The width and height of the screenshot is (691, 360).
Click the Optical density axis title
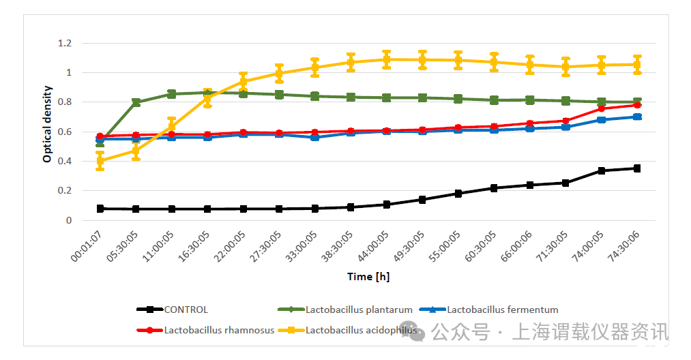tap(47, 124)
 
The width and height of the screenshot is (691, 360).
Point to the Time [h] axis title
tap(368, 277)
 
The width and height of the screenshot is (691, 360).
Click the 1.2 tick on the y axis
tap(65, 43)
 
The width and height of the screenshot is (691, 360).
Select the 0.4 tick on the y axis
tap(65, 162)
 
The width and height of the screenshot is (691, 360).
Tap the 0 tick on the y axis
tap(69, 220)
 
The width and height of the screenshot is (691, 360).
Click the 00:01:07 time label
tap(87, 247)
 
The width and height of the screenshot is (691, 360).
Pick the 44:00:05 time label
tap(373, 247)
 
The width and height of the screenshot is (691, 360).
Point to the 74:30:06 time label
tap(624, 247)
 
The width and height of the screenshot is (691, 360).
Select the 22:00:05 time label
tap(231, 247)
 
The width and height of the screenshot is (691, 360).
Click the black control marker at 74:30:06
tap(637, 168)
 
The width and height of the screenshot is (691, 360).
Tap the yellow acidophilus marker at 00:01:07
tap(100, 162)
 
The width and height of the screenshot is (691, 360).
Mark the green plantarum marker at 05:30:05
tap(136, 103)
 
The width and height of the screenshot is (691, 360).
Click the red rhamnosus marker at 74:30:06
tap(637, 105)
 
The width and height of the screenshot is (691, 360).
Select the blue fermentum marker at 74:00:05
tap(601, 120)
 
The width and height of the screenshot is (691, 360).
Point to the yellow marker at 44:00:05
tap(387, 59)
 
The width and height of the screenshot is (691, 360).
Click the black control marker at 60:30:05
tap(494, 188)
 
